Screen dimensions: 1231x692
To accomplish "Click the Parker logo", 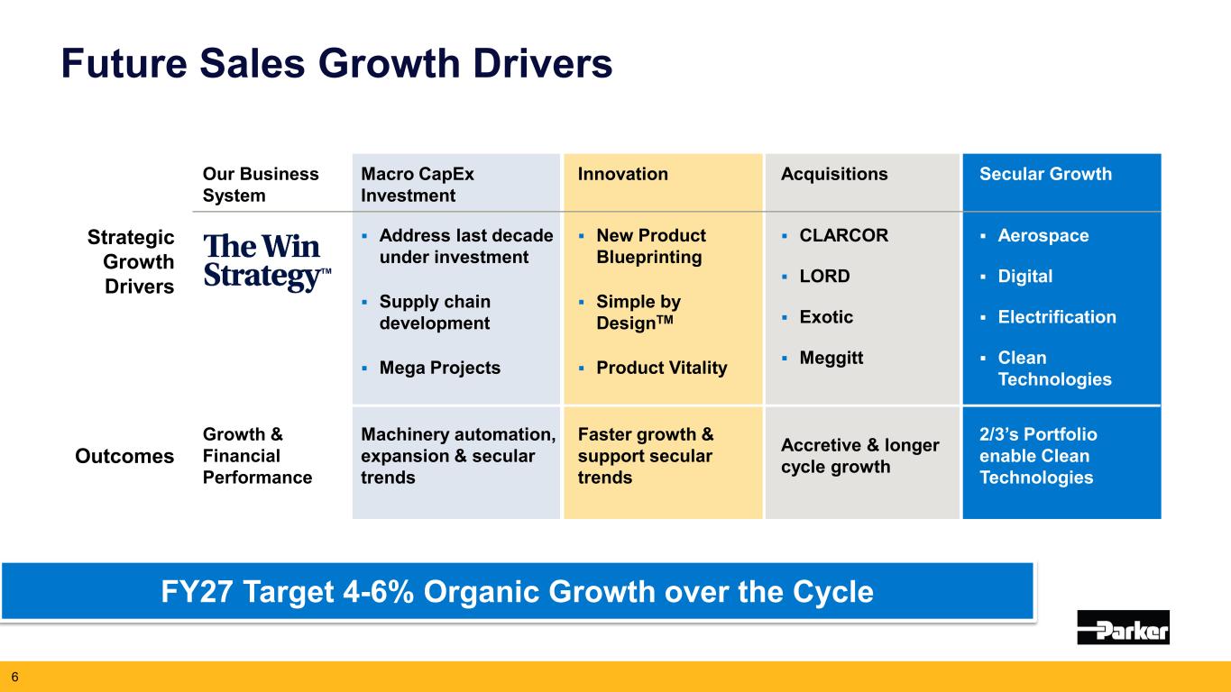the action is [1123, 627].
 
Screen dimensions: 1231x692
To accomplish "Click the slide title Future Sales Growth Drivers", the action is [336, 63].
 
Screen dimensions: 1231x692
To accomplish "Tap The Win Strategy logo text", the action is [267, 261].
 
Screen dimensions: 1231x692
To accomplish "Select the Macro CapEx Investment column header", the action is [418, 185].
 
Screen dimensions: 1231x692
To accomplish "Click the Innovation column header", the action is [622, 174].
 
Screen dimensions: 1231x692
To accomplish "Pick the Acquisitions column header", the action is [834, 174].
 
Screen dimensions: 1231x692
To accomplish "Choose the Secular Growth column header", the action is [1045, 174].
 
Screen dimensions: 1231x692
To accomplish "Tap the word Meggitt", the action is [831, 358].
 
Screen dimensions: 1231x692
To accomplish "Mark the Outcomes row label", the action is [124, 457].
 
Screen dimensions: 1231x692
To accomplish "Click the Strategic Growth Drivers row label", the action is [131, 262].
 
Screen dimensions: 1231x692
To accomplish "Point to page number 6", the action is [14, 677].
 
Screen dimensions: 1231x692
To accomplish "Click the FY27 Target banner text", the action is [517, 592].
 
